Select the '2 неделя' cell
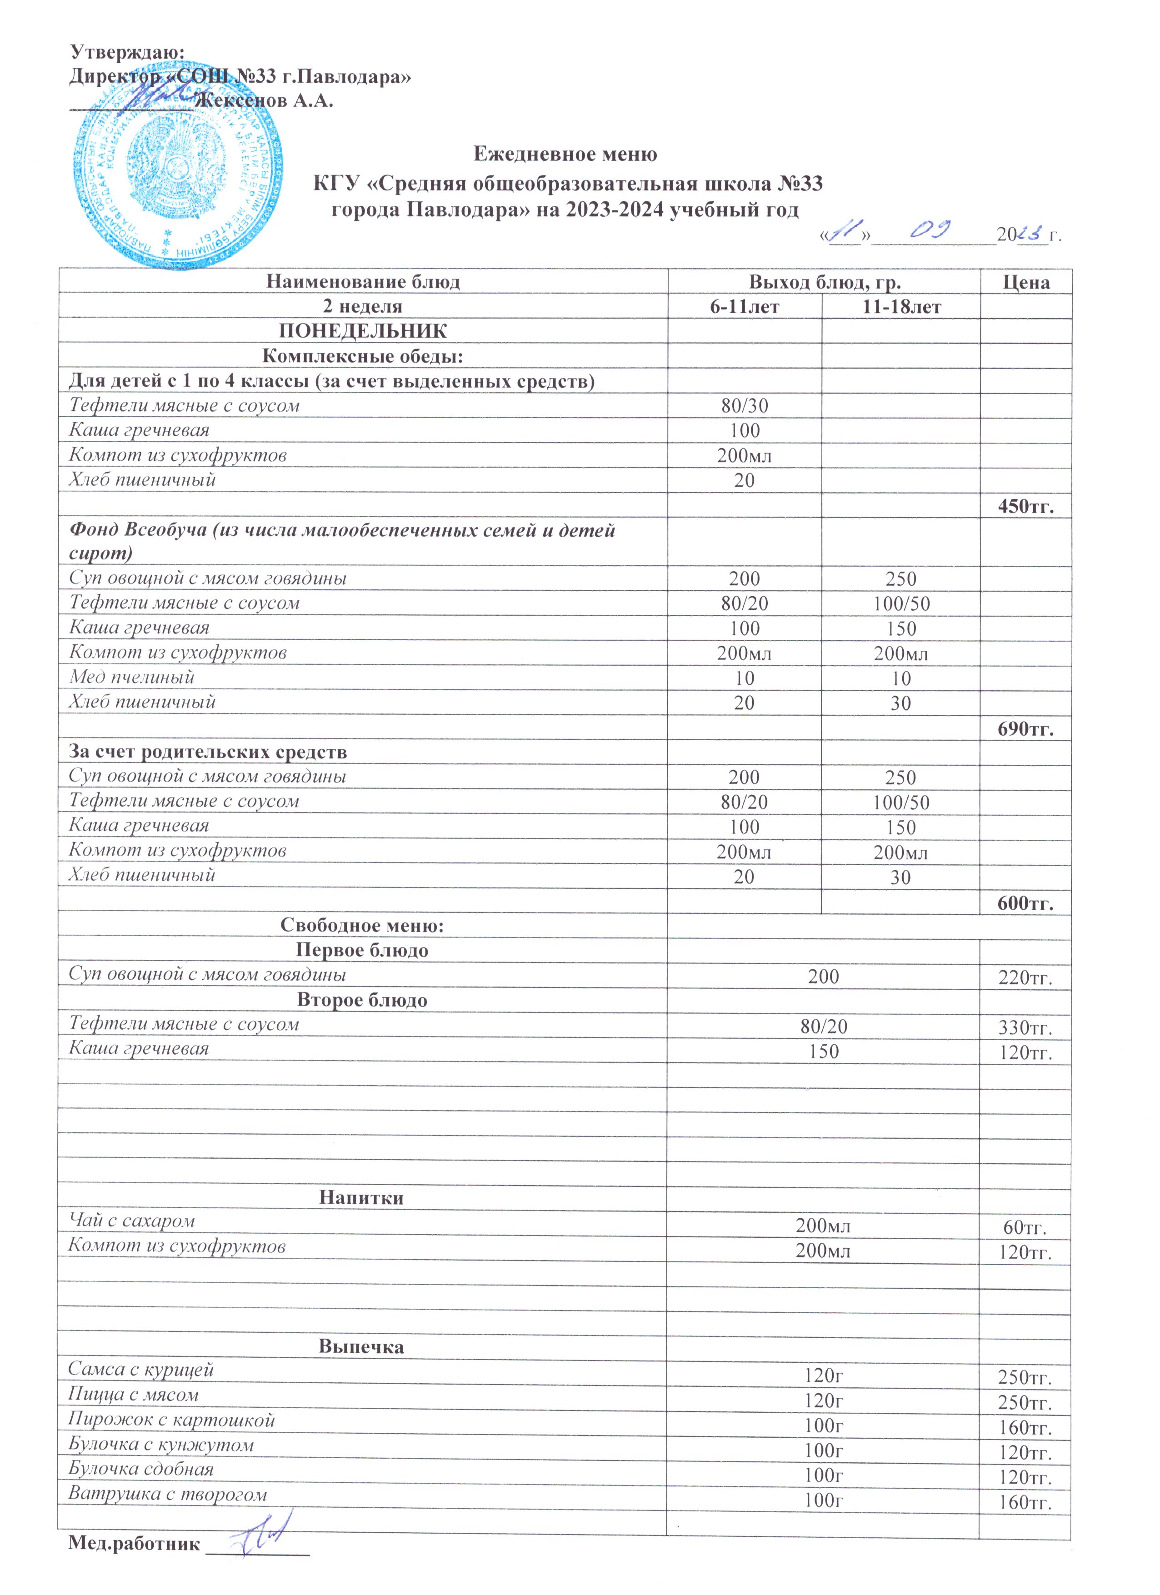pos(362,307)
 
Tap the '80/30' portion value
pos(744,406)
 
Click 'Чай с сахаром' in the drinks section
pos(131,1221)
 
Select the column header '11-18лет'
pos(901,307)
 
